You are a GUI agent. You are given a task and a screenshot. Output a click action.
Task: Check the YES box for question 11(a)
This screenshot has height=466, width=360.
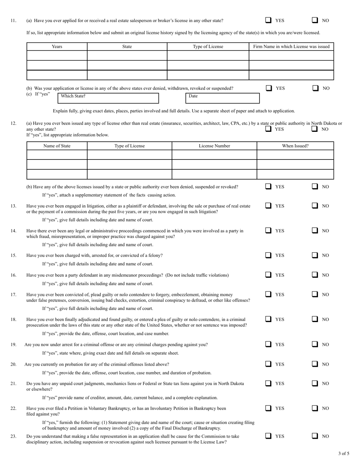pos(268,20)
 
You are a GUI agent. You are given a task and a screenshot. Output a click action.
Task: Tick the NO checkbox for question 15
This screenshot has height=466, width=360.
pos(315,255)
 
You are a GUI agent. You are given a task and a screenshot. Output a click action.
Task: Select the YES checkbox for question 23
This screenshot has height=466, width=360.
pos(268,436)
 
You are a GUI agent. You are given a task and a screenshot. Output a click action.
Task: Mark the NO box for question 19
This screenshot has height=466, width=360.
pos(315,344)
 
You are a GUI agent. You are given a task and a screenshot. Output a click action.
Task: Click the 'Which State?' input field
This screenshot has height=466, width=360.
pos(108,98)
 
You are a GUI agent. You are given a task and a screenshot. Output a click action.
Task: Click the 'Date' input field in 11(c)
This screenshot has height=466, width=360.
pos(222,98)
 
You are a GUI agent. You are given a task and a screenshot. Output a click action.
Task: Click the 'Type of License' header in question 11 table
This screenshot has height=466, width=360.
pos(208,47)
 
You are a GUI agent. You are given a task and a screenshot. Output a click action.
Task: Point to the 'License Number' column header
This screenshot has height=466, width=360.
pos(214,146)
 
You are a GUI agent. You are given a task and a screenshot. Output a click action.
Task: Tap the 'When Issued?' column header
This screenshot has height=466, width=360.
pos(295,146)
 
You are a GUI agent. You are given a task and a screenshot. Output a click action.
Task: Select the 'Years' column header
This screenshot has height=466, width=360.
pos(57,47)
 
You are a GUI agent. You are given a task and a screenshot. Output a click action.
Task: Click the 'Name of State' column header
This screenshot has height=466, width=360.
pos(57,146)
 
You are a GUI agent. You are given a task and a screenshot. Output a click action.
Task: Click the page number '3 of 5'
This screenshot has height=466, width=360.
pos(344,453)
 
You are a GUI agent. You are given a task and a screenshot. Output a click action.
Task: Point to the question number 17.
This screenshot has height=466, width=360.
pos(13,294)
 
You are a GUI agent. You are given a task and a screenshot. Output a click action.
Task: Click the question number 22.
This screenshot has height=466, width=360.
pos(13,408)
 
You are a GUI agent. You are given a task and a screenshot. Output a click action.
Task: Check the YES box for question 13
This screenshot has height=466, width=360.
pos(268,206)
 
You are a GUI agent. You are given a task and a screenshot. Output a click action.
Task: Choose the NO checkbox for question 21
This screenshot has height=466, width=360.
pos(315,383)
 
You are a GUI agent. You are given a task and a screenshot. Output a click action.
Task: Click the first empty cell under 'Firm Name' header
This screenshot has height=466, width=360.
pos(291,56)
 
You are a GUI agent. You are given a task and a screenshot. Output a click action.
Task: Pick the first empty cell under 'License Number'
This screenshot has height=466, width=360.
pos(214,155)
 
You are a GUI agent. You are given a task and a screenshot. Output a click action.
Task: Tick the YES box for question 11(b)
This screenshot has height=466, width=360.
pos(269,88)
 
